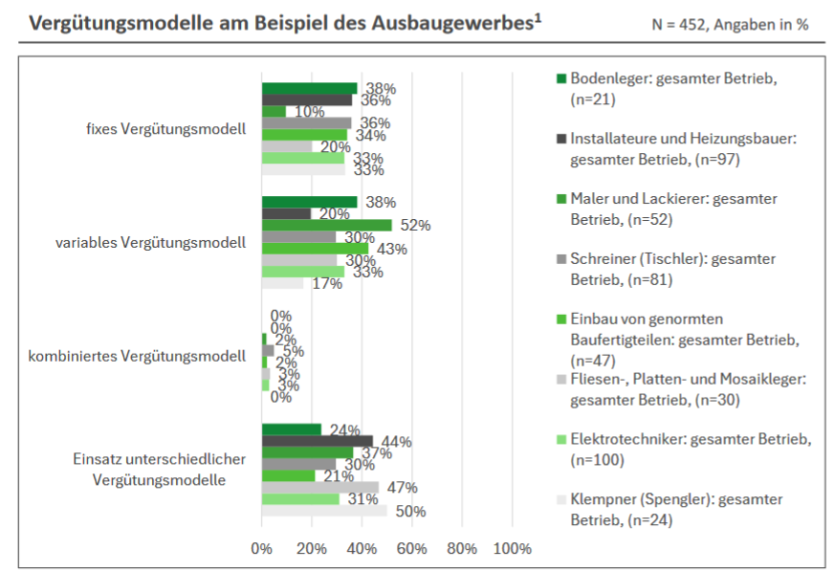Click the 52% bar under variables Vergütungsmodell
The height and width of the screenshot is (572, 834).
(326, 226)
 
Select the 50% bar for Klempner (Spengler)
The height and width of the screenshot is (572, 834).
(324, 511)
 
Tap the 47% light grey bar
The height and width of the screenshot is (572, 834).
(320, 488)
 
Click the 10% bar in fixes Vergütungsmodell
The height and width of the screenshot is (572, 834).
(274, 112)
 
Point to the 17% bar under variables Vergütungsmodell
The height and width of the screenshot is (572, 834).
(282, 283)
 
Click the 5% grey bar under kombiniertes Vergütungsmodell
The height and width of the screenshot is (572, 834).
(268, 351)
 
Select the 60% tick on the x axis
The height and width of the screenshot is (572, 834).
(411, 548)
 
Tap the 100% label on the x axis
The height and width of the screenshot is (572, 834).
(512, 548)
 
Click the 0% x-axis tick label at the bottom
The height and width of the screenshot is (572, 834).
(261, 548)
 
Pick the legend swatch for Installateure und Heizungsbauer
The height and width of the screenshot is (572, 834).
(561, 139)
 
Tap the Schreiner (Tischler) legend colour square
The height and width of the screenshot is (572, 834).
(561, 259)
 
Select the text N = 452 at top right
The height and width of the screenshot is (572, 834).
(689, 24)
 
